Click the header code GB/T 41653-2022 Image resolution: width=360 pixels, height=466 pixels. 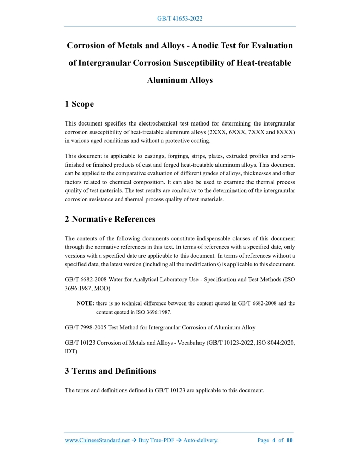click(x=179, y=19)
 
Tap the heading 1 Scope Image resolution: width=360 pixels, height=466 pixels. click(x=79, y=104)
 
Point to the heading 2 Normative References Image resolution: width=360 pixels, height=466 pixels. click(x=110, y=219)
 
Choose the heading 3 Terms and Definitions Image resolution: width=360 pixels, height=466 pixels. click(x=111, y=371)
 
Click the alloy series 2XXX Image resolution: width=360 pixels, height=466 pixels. click(x=218, y=132)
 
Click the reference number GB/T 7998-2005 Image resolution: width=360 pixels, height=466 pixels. click(x=91, y=327)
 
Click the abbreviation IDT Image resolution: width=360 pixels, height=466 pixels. click(x=70, y=351)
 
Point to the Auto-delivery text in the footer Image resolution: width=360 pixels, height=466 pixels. click(x=201, y=440)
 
